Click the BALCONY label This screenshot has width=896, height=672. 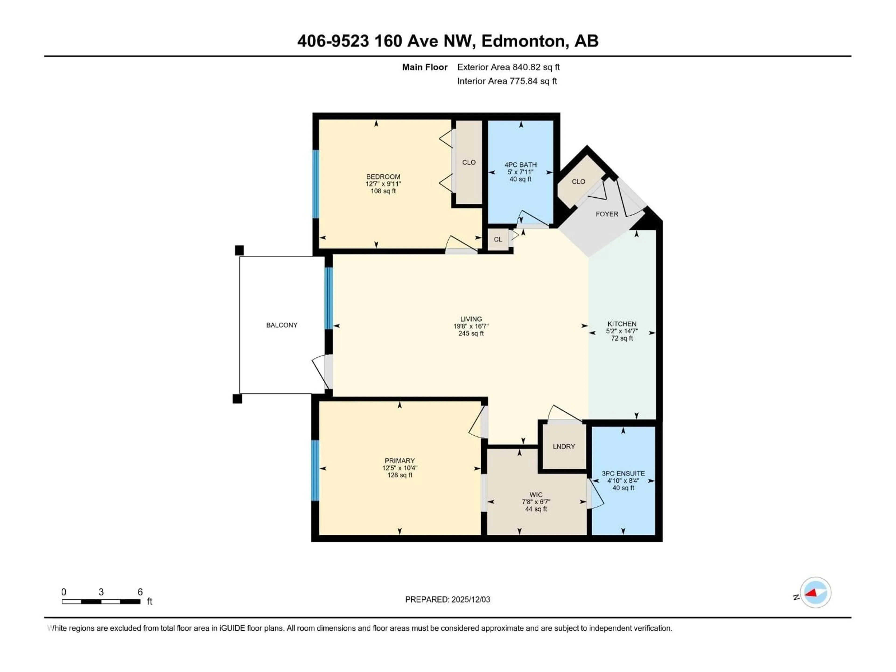click(x=282, y=325)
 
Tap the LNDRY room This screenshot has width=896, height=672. click(x=563, y=446)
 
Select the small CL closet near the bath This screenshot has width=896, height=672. click(x=498, y=239)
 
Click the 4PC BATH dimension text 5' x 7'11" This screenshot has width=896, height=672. click(x=521, y=172)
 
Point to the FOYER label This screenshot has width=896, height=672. click(x=607, y=214)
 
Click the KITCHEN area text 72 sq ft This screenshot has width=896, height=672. click(x=622, y=338)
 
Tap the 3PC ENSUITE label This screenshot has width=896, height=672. click(x=623, y=473)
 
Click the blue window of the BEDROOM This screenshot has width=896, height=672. click(x=315, y=184)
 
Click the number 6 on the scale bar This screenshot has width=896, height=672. click(x=140, y=592)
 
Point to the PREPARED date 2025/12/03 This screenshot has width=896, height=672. click(x=470, y=599)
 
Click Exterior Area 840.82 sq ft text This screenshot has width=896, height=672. click(x=508, y=67)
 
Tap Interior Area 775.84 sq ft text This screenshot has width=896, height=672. click(x=507, y=81)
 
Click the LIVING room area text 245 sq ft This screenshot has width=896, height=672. click(x=471, y=333)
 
